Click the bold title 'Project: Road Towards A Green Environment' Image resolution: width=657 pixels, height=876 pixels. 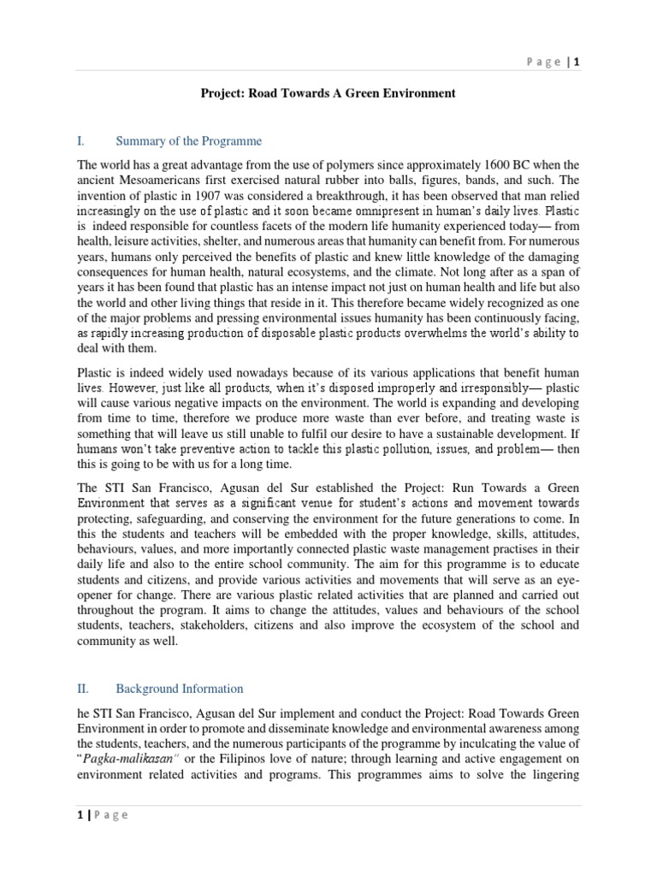tap(328, 93)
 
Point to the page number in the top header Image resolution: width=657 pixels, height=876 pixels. tap(577, 62)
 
